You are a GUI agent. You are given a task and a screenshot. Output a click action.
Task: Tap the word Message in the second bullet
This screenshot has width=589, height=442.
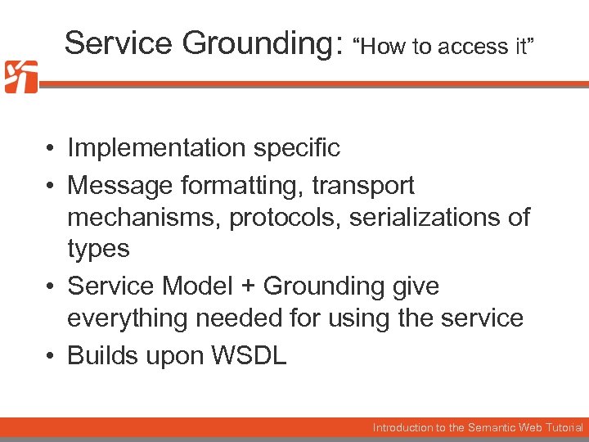click(115, 186)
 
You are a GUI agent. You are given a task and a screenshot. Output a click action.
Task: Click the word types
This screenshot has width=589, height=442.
click(98, 249)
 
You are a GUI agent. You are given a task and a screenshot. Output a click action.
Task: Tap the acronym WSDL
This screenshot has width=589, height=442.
click(249, 356)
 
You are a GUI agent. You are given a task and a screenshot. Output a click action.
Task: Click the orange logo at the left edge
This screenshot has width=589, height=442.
click(20, 77)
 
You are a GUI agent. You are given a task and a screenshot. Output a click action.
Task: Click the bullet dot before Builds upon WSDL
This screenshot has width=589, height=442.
click(51, 357)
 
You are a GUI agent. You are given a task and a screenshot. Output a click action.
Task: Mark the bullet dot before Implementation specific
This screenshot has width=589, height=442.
click(51, 149)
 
